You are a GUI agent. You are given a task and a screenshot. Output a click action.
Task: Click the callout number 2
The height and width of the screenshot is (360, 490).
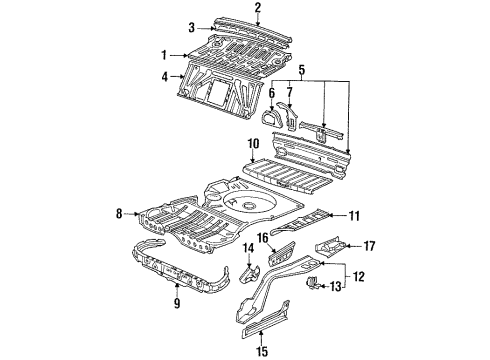click(257, 7)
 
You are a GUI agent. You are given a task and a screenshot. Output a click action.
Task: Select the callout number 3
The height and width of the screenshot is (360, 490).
click(191, 28)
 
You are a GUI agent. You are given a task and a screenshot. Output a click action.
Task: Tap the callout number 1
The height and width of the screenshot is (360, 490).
click(164, 55)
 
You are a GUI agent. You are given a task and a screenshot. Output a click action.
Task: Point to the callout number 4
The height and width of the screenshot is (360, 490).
click(165, 77)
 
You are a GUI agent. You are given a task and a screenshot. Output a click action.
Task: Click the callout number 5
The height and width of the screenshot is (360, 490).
click(301, 70)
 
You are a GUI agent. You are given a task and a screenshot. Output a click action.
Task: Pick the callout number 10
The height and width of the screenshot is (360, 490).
click(253, 144)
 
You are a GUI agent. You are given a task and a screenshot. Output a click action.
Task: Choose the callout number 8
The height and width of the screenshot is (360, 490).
click(119, 213)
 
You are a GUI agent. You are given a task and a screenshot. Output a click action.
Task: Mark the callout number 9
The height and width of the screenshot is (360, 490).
click(177, 303)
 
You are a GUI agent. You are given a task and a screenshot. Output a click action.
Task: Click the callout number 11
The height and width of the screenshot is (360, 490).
click(354, 216)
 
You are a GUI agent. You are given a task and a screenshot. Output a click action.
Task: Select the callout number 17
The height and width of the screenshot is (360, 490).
click(370, 246)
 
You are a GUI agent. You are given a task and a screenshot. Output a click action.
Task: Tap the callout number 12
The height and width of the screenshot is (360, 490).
click(358, 276)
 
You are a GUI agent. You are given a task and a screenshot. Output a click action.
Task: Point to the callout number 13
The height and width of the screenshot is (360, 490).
click(336, 286)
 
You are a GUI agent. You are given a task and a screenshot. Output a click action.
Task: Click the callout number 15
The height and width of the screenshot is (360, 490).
click(262, 351)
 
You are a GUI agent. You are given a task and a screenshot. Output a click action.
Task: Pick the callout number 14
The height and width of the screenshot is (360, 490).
click(248, 248)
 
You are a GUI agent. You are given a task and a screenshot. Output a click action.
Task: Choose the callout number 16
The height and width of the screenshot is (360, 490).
click(263, 238)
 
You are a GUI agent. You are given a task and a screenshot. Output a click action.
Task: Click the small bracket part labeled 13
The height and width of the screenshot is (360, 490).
click(311, 282)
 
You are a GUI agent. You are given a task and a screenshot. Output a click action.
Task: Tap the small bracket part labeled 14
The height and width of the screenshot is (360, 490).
click(250, 274)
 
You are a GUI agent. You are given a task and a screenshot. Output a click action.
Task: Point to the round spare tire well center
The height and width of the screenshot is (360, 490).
click(249, 205)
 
